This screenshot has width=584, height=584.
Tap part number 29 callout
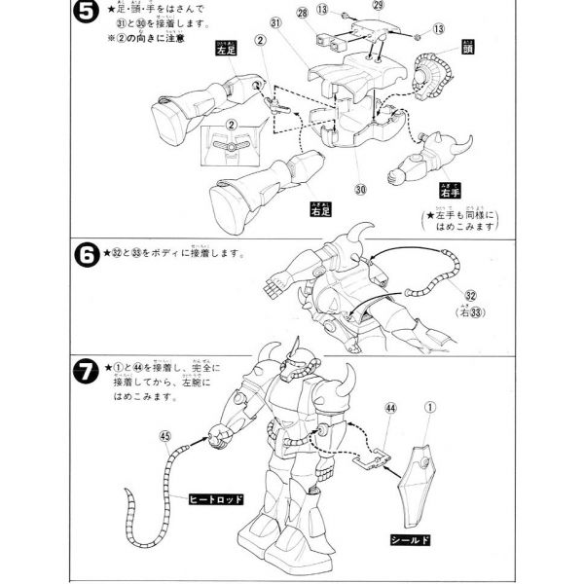pos(378,5)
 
